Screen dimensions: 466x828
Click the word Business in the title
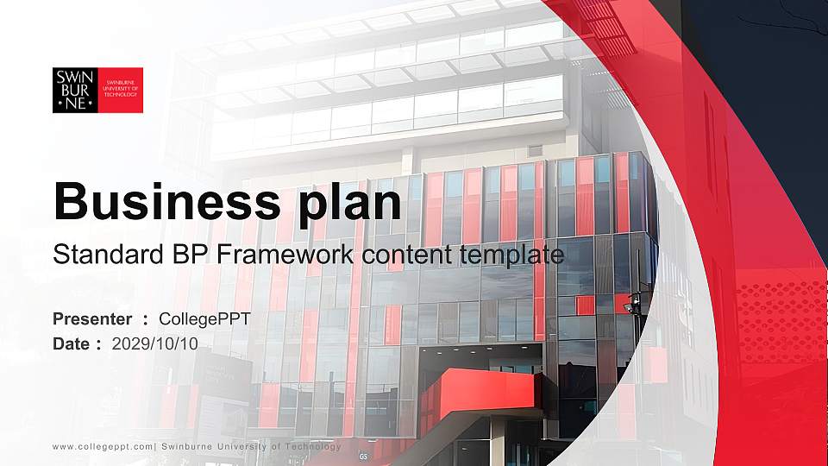[160, 202]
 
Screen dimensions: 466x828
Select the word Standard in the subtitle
[96, 255]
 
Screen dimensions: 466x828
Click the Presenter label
[92, 319]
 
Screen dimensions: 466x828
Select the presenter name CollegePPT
[204, 319]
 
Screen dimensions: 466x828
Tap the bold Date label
[72, 343]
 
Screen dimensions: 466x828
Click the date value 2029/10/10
[155, 343]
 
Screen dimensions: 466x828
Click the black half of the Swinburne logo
[74, 90]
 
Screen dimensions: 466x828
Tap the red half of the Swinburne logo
[120, 90]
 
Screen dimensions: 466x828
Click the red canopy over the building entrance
[483, 393]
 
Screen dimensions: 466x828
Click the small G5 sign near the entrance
[363, 456]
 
